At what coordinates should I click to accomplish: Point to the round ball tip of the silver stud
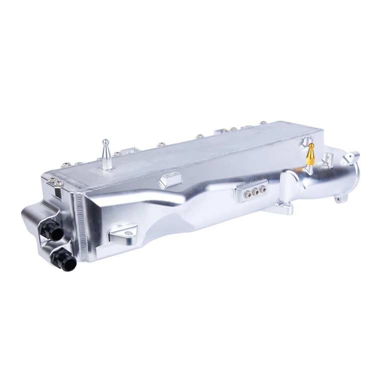106,141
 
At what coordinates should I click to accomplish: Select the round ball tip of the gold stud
311,146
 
